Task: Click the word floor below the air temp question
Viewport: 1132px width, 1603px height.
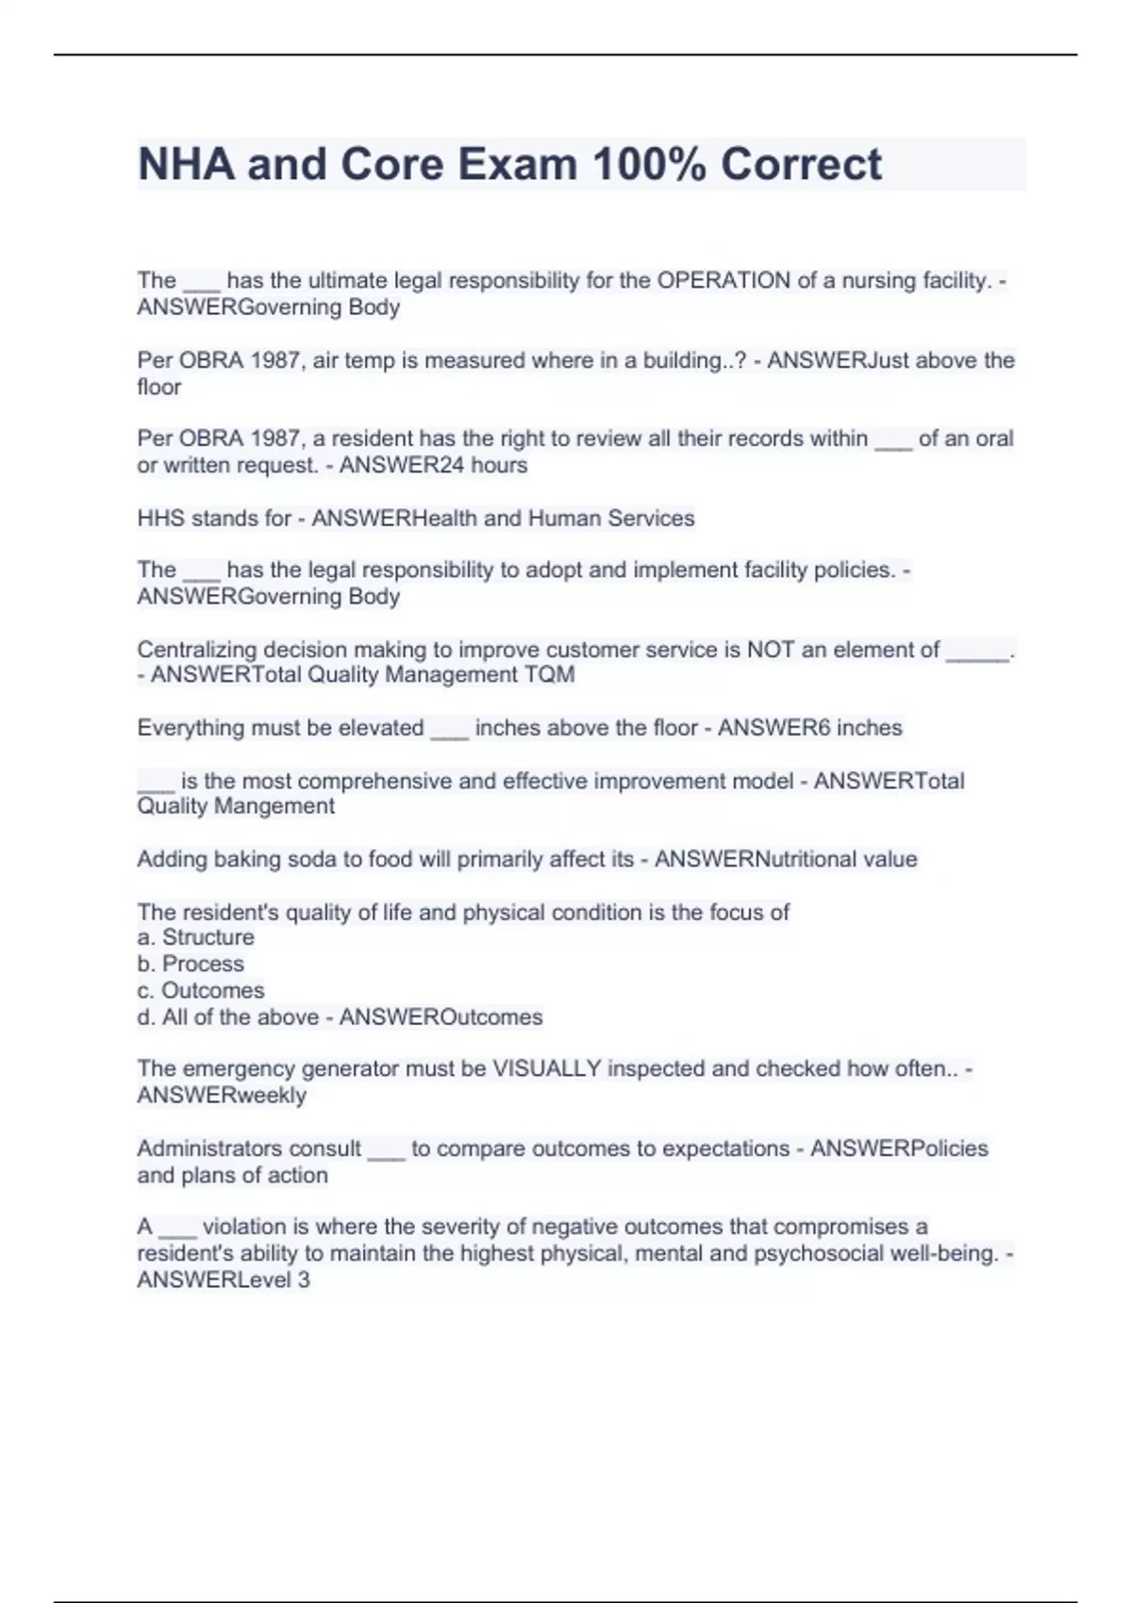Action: [158, 388]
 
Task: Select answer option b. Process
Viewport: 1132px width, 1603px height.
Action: [191, 964]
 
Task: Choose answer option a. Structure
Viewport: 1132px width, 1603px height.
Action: [195, 937]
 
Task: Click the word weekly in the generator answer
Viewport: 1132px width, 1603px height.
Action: [271, 1096]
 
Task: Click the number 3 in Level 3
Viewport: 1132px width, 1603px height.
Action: [303, 1281]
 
